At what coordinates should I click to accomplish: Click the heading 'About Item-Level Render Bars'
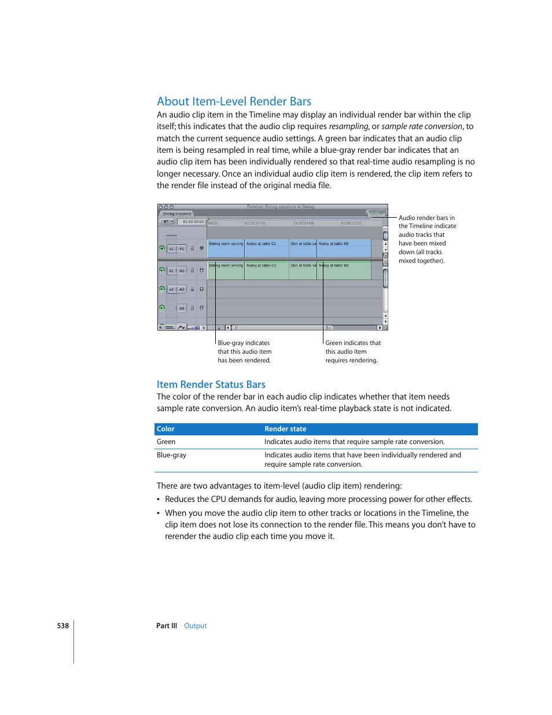click(x=234, y=101)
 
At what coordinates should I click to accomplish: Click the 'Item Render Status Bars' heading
click(x=211, y=384)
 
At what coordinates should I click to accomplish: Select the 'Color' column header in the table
click(x=165, y=429)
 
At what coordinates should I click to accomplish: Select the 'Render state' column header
click(x=285, y=429)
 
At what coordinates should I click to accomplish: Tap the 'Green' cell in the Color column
click(x=166, y=442)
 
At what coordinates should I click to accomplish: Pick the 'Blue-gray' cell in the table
click(x=171, y=455)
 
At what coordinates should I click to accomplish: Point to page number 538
click(x=62, y=626)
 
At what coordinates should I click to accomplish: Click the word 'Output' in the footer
click(x=195, y=626)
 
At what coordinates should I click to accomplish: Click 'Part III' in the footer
click(x=167, y=626)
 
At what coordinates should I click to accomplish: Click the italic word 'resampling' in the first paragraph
click(x=348, y=126)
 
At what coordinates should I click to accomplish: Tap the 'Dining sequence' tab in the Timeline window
click(x=177, y=214)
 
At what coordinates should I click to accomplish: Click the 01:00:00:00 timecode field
click(x=193, y=222)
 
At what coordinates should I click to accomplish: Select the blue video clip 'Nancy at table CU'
click(x=266, y=248)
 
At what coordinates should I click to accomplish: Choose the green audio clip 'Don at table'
click(x=303, y=271)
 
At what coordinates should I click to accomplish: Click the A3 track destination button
click(x=182, y=308)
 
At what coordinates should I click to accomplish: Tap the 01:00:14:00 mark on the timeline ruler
click(x=303, y=223)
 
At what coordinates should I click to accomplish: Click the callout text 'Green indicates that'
click(x=353, y=343)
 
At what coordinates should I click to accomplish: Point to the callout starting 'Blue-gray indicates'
click(x=244, y=343)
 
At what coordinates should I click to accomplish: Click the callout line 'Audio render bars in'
click(x=426, y=218)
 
